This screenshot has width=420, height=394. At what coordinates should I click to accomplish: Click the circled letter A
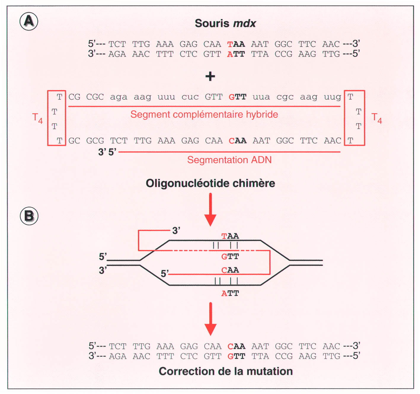coord(29,21)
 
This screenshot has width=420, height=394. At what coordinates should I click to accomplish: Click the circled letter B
coord(29,216)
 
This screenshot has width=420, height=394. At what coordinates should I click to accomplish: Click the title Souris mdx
coord(225,23)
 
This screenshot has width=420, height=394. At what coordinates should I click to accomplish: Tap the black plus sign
coord(210,76)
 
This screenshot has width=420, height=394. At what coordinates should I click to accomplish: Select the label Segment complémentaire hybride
coord(204,114)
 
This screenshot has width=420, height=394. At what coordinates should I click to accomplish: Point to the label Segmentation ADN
coord(229,160)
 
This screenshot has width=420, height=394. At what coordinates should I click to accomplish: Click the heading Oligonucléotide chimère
coord(210,183)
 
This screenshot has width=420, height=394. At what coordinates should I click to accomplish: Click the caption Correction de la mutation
coord(226,371)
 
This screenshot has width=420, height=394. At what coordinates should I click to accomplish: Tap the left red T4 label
coord(37,118)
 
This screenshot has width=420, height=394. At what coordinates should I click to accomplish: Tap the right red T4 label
coord(376,118)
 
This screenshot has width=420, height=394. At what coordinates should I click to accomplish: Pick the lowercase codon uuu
coord(166,97)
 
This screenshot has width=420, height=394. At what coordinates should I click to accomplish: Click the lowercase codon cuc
coord(190,97)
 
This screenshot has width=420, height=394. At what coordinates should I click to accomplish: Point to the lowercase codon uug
coord(332,97)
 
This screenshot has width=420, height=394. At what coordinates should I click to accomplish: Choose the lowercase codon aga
coord(119,97)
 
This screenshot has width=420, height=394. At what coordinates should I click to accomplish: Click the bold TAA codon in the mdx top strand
coord(236,44)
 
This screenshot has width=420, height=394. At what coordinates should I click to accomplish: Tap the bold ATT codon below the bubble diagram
coord(230,293)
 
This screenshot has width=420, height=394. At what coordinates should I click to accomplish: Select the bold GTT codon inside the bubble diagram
coord(230,256)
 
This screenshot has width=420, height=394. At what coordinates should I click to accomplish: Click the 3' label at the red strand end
coord(176,230)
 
